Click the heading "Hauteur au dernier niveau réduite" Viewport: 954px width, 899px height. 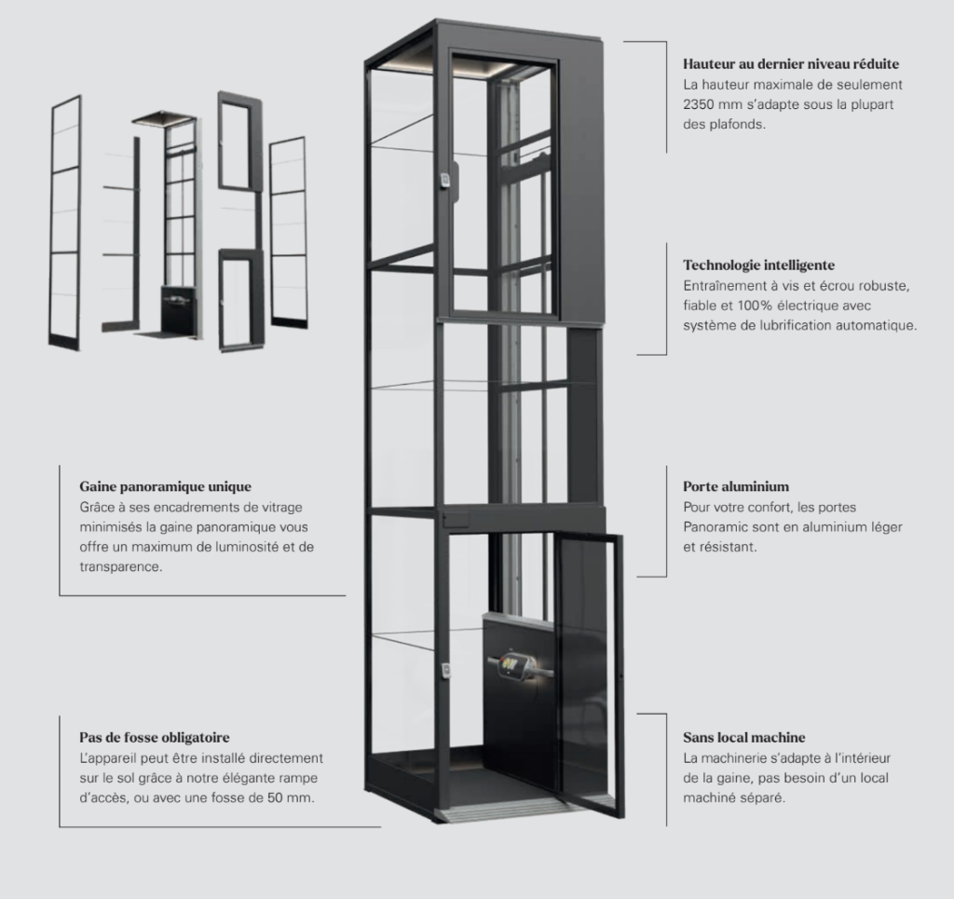[x=790, y=64]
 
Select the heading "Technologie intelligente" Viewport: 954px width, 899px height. [x=758, y=266]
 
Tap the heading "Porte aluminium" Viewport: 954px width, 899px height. [x=736, y=486]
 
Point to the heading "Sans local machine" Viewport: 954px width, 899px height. [x=743, y=737]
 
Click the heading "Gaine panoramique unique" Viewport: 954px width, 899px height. [x=165, y=486]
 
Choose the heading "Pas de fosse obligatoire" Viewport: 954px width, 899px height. [x=155, y=737]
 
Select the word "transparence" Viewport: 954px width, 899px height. [x=120, y=567]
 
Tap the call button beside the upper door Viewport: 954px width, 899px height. [x=446, y=181]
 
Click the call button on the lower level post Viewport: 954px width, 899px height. [x=446, y=670]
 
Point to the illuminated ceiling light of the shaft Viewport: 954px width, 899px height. [x=462, y=67]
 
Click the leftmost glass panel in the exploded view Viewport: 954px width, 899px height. [x=65, y=223]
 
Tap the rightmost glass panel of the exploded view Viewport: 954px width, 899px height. [x=288, y=233]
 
